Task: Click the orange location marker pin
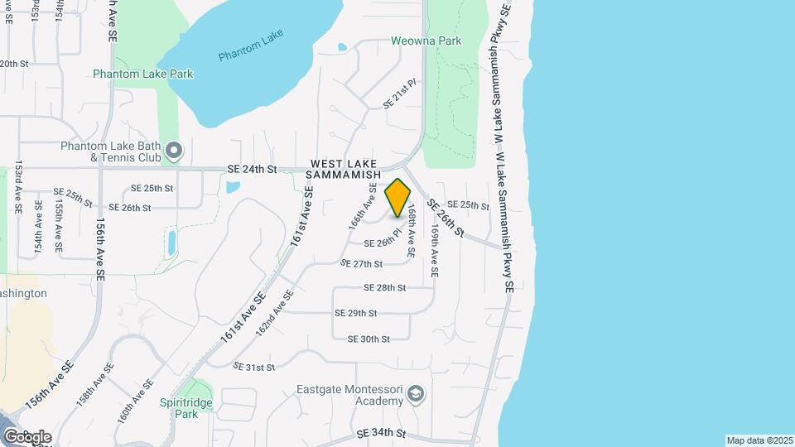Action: coord(397,197)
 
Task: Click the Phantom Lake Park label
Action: coord(143,74)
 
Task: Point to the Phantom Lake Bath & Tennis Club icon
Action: coord(173,151)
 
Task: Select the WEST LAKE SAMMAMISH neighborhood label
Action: coord(344,170)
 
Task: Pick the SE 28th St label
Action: coord(385,288)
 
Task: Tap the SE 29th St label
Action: coord(356,314)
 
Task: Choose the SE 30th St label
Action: coord(369,339)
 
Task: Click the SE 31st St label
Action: coord(253,367)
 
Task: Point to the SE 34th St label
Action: coord(381,433)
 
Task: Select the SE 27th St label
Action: coord(362,264)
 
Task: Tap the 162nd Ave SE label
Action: coord(275,312)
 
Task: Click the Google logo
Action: coord(27,436)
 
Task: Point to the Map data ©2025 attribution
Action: coord(759,440)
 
